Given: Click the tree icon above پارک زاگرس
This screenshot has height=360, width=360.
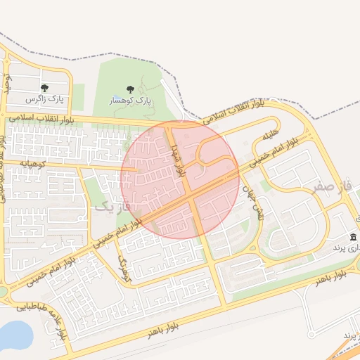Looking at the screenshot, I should click(45, 89).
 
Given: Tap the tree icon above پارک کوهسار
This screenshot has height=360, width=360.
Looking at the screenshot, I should click(129, 89).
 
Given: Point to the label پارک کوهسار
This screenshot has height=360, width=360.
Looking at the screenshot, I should click(129, 101).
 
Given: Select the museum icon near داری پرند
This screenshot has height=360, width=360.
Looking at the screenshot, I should click(352, 236).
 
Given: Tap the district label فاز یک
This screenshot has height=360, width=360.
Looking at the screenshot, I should click(112, 207).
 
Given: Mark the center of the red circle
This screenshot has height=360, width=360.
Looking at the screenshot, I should click(181, 179).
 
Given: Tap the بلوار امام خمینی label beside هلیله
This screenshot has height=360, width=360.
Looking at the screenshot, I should click(287, 147).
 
